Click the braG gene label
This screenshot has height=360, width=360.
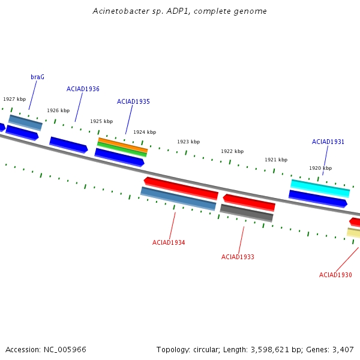pos(37,77)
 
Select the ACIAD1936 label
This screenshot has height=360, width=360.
pos(83,89)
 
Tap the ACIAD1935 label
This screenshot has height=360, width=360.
pos(133,101)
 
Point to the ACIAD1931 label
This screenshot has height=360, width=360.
pos(328,142)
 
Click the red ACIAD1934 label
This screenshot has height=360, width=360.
pos(169,242)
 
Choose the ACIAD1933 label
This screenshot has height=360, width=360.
pos(238,257)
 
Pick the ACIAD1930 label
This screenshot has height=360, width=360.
pos(335,275)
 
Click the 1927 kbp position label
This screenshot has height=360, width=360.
pos(14,99)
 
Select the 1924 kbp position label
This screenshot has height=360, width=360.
pos(145,132)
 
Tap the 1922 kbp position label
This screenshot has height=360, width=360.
pos(232,151)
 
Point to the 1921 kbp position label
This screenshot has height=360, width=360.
pos(276,160)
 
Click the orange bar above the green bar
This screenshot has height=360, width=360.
pos(123,145)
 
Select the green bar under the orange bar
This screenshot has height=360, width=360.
pos(122,149)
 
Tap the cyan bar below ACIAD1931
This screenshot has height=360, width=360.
pos(320,188)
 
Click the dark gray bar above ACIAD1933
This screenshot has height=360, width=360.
pos(247,213)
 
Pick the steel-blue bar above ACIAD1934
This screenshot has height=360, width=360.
pos(178,199)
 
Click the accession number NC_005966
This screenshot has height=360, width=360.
pos(65,350)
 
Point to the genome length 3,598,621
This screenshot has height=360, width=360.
pos(270,350)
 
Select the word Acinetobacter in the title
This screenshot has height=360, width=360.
pos(121,11)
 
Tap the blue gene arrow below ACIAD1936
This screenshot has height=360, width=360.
pos(68,145)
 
